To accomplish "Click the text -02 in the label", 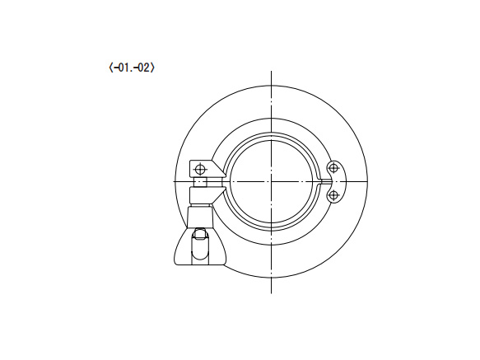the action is [x=142, y=68].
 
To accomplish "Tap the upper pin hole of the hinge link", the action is [x=333, y=168].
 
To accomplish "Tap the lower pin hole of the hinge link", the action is [x=333, y=195].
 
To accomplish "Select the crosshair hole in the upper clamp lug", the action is [x=201, y=169].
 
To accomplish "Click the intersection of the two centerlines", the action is [x=271, y=182].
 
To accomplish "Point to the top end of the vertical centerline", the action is [x=271, y=71].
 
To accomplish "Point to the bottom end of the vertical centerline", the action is [x=271, y=293].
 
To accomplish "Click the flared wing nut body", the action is [x=200, y=246].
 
